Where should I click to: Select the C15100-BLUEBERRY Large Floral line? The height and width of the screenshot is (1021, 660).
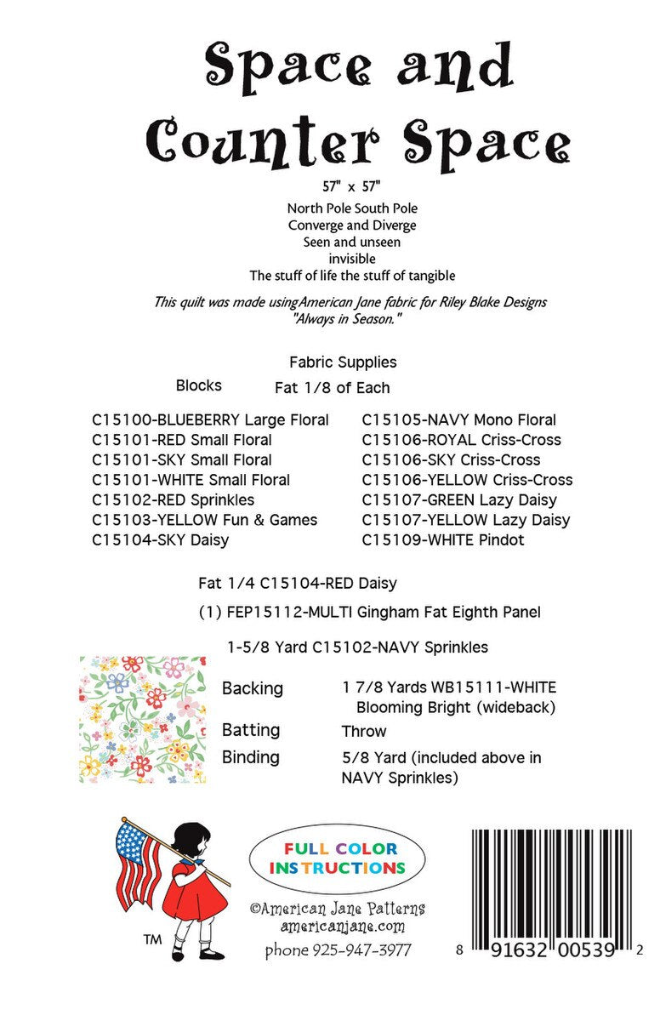[x=210, y=419]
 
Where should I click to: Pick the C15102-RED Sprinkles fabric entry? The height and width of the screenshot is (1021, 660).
[x=173, y=499]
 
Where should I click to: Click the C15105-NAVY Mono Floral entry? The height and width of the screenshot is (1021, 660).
[x=459, y=419]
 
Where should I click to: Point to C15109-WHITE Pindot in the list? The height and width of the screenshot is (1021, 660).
[x=443, y=539]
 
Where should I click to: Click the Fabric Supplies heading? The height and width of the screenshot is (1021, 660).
[x=343, y=362]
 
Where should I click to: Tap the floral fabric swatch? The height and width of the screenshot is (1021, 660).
[x=142, y=719]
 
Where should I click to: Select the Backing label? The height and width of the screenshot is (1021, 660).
[x=253, y=687]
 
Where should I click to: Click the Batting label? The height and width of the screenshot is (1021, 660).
[x=251, y=730]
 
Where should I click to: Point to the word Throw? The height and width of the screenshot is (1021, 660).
[x=364, y=731]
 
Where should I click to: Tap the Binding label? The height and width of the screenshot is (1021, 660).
[x=251, y=757]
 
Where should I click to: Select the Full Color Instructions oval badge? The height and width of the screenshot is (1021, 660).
[x=338, y=858]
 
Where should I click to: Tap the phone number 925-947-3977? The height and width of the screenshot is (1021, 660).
[x=338, y=950]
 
